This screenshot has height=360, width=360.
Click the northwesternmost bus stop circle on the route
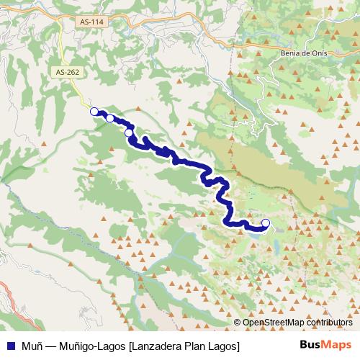point(94,111)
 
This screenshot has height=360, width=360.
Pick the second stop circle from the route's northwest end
point(110,119)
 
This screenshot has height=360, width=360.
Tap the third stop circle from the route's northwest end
point(129,132)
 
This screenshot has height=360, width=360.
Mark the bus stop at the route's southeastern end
point(266,222)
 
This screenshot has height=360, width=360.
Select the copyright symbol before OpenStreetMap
point(237,322)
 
